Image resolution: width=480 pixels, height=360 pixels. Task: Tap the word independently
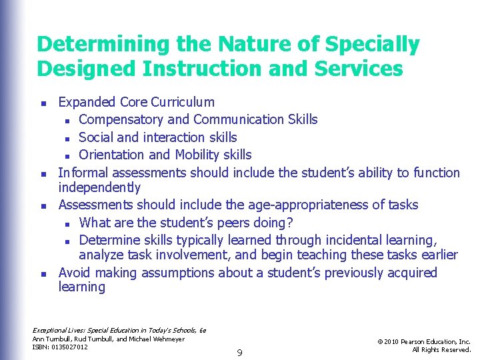(x=99, y=187)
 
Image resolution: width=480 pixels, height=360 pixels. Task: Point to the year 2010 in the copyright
(x=395, y=342)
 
